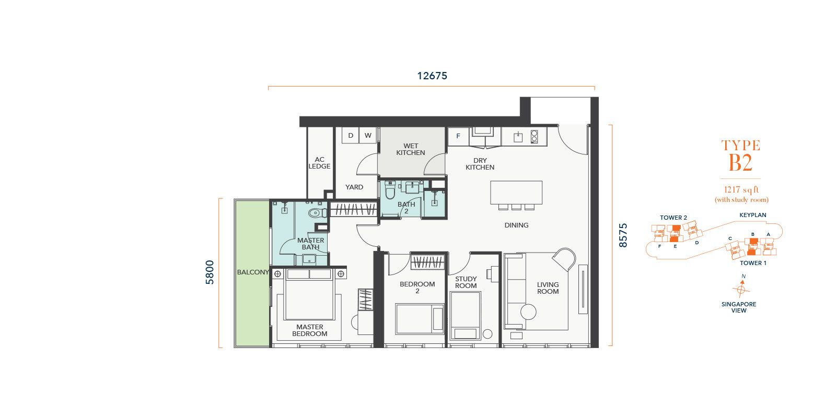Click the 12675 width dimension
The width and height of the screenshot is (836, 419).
click(432, 76)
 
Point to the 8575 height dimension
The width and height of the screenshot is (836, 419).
click(623, 235)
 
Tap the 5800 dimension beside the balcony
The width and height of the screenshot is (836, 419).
click(210, 272)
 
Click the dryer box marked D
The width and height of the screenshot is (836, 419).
click(351, 135)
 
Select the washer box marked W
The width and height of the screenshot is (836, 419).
click(368, 135)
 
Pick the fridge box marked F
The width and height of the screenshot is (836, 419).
click(458, 136)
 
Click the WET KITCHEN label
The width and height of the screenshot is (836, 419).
click(411, 149)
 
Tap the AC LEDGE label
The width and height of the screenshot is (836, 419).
click(319, 163)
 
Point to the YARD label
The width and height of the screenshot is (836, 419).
click(354, 187)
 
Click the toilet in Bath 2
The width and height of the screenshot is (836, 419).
click(390, 190)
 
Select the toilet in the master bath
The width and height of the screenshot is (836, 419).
click(317, 213)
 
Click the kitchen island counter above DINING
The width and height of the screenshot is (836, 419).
click(516, 193)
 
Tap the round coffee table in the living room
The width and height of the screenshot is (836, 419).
click(528, 312)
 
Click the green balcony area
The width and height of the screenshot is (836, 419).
click(252, 273)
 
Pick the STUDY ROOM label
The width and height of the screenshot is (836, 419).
click(466, 282)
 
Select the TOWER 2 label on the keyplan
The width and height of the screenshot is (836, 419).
click(674, 218)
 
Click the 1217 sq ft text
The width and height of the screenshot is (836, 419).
click(741, 190)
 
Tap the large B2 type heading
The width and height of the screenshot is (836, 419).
click(741, 163)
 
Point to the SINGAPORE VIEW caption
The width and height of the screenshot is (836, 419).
click(739, 307)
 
